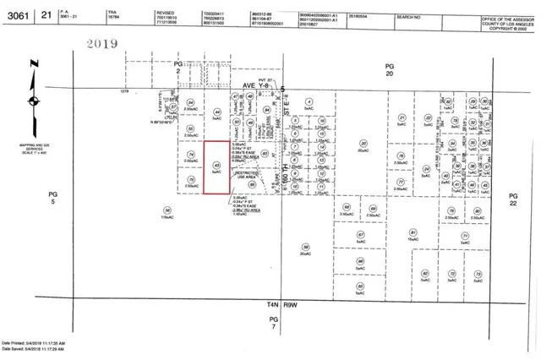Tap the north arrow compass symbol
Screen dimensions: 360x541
[x=32, y=99]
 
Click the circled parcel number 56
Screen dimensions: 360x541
[x=167, y=210]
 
